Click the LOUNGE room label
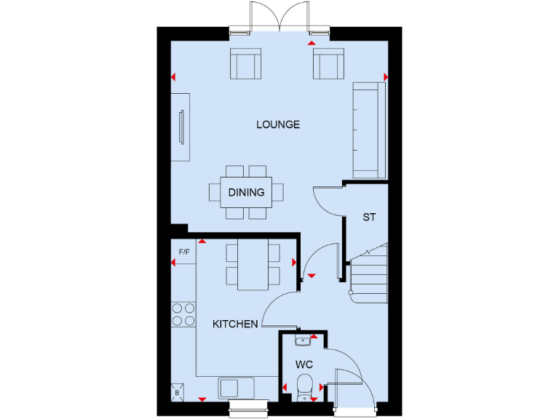(x=277, y=124)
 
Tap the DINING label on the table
(x=246, y=193)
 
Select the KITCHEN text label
(x=234, y=324)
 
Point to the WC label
(x=304, y=363)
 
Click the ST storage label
(x=369, y=217)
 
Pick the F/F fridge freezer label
(x=184, y=252)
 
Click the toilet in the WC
(x=304, y=384)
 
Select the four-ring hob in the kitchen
(x=183, y=314)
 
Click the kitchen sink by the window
(x=234, y=388)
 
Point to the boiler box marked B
(x=177, y=392)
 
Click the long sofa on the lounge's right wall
(x=368, y=130)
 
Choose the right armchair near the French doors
(x=328, y=64)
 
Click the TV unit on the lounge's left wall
(x=181, y=127)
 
